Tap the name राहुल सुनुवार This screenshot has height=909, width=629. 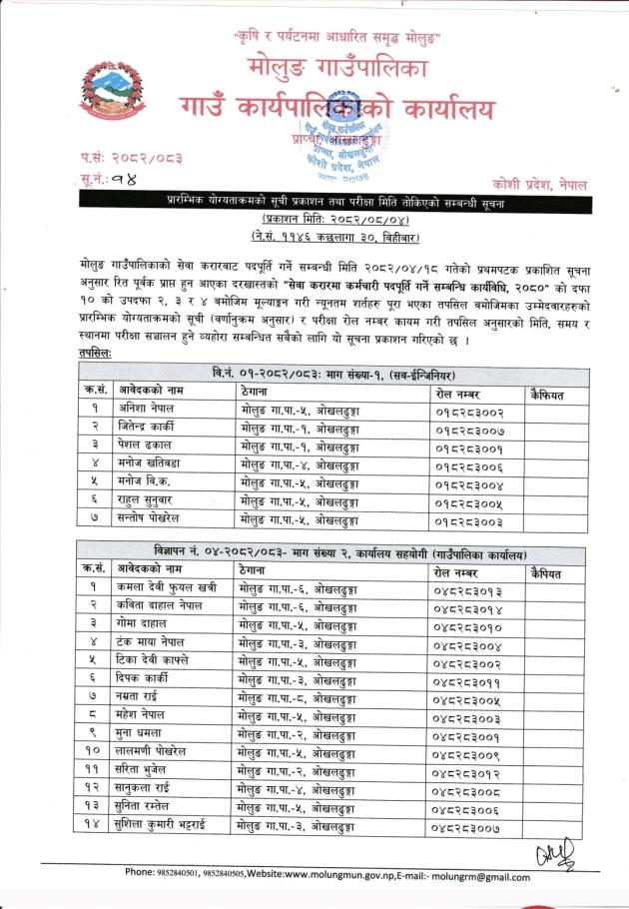point(151,499)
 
